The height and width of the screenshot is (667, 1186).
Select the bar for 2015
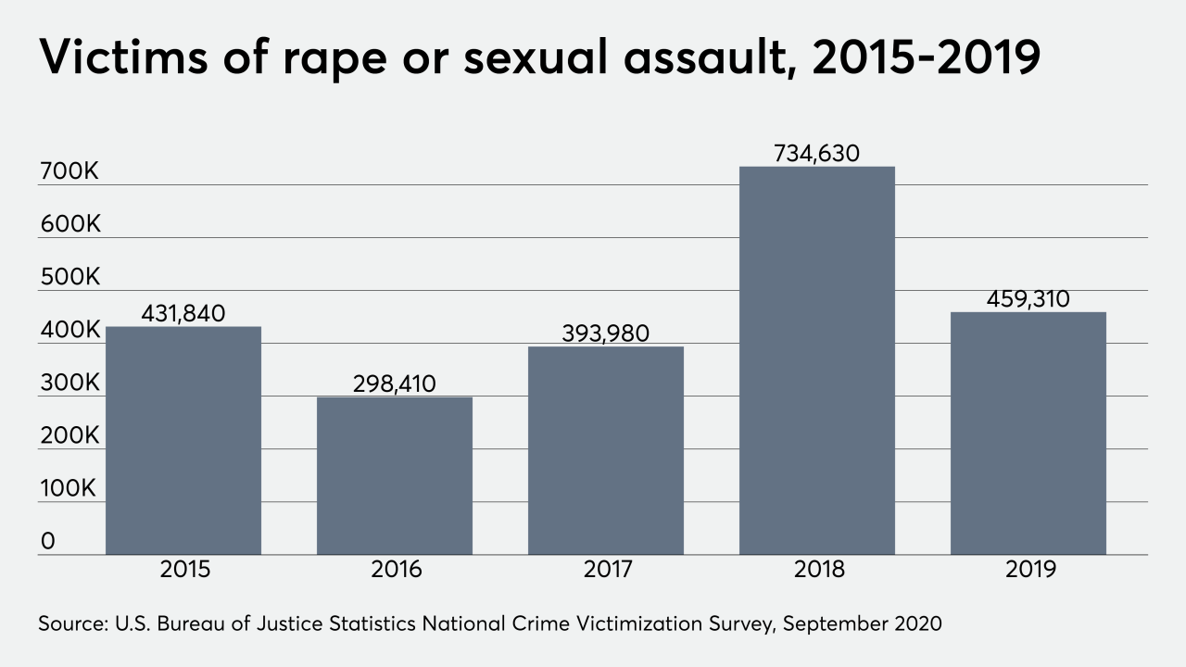point(183,440)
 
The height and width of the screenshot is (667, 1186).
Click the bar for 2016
point(395,475)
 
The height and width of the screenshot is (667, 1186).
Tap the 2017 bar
point(606,450)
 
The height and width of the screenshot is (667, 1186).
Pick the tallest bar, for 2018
point(817,360)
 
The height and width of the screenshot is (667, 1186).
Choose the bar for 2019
point(1028,433)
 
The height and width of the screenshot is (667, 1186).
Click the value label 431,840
point(183,314)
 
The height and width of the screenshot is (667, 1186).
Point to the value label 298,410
point(395,384)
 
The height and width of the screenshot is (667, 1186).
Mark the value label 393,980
point(606,333)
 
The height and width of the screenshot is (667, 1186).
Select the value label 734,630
point(817,154)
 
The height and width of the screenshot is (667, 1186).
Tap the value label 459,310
point(1028,299)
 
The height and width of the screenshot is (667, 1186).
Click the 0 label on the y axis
point(47,541)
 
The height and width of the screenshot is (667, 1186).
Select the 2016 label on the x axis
point(395,569)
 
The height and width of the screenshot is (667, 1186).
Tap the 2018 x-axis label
point(817,569)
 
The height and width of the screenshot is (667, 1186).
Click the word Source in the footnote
point(70,623)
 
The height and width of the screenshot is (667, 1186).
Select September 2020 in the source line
point(862,623)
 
